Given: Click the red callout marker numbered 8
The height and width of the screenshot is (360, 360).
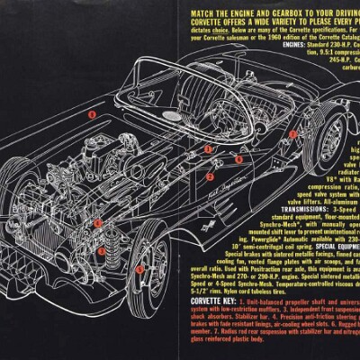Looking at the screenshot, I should pos(91,115).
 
